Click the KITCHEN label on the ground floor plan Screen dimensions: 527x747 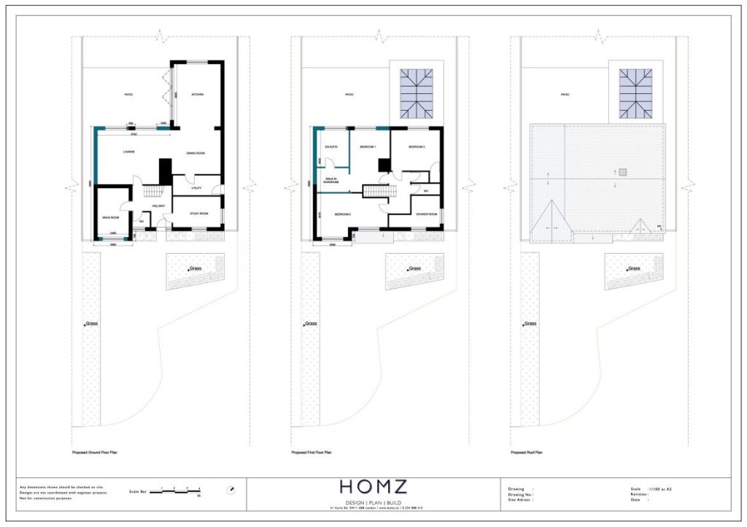pyautogui.click(x=197, y=95)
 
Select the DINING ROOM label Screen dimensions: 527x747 pyautogui.click(x=196, y=153)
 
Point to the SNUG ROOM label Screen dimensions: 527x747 pyautogui.click(x=110, y=216)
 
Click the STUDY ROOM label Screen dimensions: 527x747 pyautogui.click(x=199, y=214)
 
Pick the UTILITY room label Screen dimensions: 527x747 pyautogui.click(x=196, y=188)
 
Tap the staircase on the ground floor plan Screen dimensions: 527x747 pyautogui.click(x=152, y=191)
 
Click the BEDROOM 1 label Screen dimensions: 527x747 pyautogui.click(x=368, y=148)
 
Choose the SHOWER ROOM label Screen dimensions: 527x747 pyautogui.click(x=426, y=214)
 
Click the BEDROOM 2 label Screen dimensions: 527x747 pyautogui.click(x=344, y=214)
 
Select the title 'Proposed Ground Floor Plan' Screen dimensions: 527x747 pyautogui.click(x=95, y=453)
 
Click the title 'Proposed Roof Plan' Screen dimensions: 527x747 pyautogui.click(x=526, y=453)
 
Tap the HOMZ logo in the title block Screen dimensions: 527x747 pyautogui.click(x=374, y=486)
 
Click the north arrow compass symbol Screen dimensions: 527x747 pyautogui.click(x=231, y=490)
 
